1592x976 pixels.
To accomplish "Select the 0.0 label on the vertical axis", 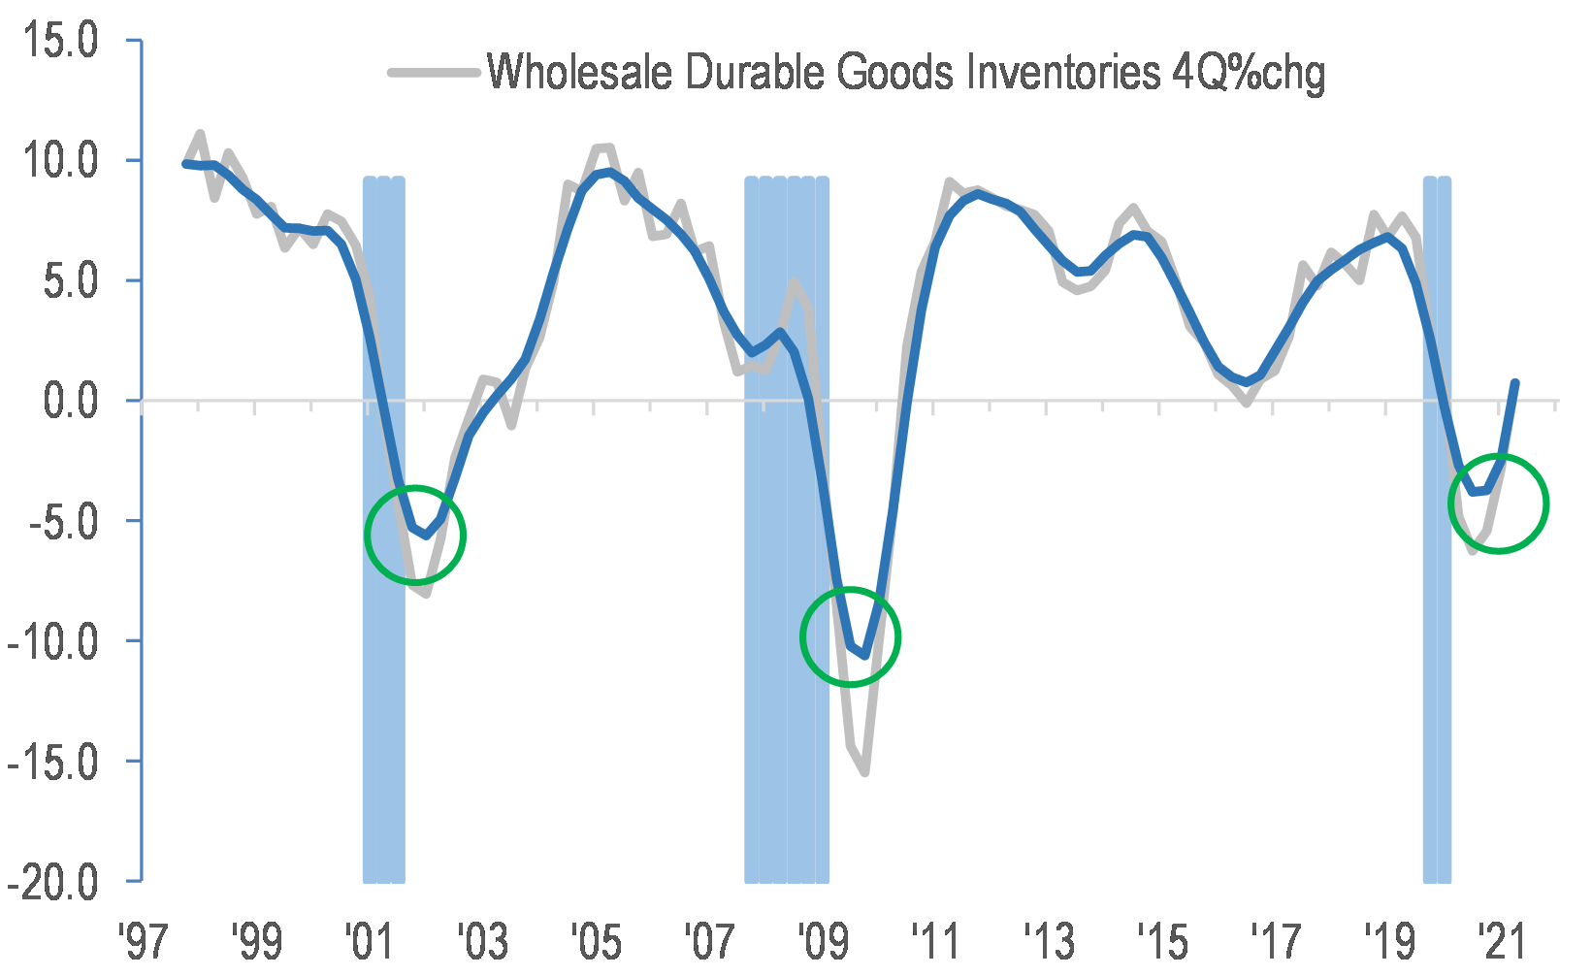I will (71, 401).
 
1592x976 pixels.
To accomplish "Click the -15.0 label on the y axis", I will (53, 762).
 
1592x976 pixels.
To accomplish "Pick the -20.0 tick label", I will (53, 882).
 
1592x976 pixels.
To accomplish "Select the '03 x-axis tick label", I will (481, 941).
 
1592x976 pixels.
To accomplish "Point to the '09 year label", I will (822, 941).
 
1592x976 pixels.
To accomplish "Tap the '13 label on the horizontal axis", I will (1049, 941).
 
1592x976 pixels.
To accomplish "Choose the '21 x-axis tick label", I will (1500, 941).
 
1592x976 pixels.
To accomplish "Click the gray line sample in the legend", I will (435, 72).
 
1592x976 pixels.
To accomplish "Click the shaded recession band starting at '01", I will (383, 679).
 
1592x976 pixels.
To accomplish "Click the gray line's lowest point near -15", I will (863, 772).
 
